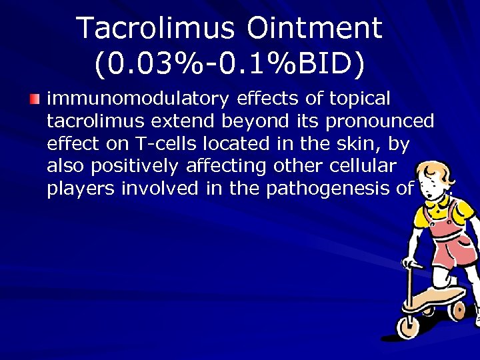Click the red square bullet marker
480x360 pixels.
point(35,99)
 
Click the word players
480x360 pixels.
point(81,189)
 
